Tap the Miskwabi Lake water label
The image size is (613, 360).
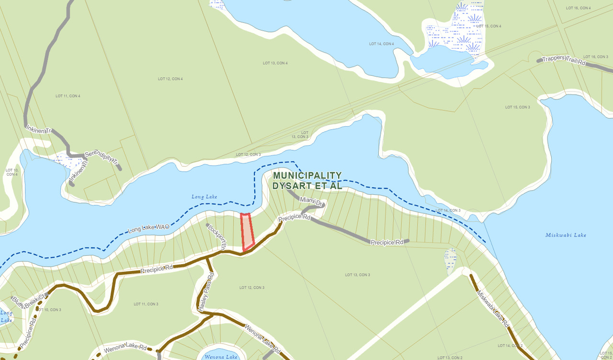[x=566, y=235]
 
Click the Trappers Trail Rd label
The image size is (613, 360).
[x=564, y=60]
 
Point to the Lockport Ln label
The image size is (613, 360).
[x=216, y=235]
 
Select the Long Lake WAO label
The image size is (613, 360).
[x=148, y=229]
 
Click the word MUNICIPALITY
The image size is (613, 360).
[x=307, y=176]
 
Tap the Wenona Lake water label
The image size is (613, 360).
[x=221, y=357]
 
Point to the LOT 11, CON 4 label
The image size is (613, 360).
[x=68, y=96]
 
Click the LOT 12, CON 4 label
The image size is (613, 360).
[x=170, y=79]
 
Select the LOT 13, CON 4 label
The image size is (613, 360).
[x=275, y=63]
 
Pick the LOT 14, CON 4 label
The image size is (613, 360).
[x=382, y=44]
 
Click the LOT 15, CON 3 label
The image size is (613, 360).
[x=518, y=107]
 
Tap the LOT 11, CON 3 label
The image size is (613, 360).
[x=146, y=304]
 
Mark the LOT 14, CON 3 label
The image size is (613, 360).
[x=448, y=210]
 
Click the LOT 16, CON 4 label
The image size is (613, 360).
[x=578, y=8]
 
